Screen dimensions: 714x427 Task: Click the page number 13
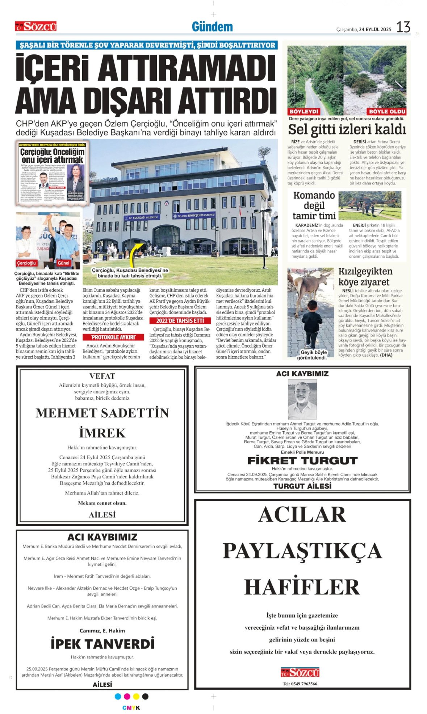click(403, 27)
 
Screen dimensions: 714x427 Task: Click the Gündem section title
click(212, 27)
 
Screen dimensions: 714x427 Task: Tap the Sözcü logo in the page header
click(36, 26)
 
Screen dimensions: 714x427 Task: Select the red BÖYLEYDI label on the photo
click(303, 112)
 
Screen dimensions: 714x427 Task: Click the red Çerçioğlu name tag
click(27, 263)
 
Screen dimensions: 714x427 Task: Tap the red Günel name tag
click(63, 263)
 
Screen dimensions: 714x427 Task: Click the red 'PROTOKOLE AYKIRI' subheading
click(113, 337)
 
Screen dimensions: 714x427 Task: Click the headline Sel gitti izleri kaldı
click(347, 129)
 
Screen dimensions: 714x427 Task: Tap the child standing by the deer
click(311, 324)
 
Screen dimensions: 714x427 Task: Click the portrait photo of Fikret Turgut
click(302, 399)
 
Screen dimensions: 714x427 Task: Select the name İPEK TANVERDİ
click(102, 643)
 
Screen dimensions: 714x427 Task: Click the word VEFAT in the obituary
click(102, 376)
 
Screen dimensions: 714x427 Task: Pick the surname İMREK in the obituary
click(102, 433)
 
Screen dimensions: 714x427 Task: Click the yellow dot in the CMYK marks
click(136, 696)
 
